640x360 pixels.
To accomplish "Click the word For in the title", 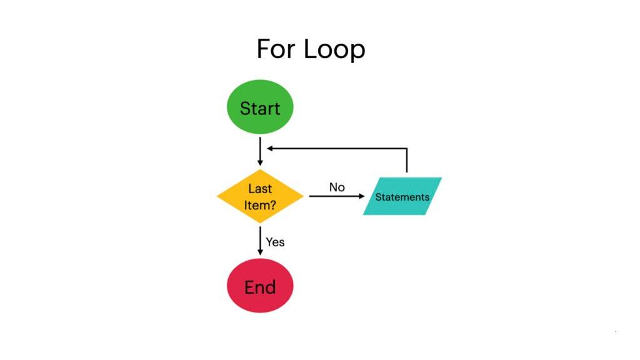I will (276, 49).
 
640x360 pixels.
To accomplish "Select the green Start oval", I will (260, 107).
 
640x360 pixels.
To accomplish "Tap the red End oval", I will (260, 286).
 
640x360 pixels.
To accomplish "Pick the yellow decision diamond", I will (260, 196).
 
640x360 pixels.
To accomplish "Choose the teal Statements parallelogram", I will (402, 196).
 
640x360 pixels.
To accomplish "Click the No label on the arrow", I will (337, 187).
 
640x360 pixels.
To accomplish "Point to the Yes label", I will (275, 241).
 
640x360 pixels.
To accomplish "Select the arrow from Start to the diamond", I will (260, 151).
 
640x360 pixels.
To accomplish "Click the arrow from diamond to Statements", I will (334, 196).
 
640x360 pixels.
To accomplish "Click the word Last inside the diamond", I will (260, 188).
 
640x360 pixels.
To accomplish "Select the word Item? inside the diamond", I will (260, 204).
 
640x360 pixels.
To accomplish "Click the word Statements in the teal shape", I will (402, 197).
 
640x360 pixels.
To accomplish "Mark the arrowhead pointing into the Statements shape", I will (361, 196).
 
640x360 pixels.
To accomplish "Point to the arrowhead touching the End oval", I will (260, 251).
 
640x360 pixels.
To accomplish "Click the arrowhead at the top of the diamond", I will (260, 162).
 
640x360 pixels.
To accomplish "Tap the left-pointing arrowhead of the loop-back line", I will (269, 149).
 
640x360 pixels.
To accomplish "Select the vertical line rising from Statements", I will (407, 161).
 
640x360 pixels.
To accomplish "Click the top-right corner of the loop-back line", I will (407, 149).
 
